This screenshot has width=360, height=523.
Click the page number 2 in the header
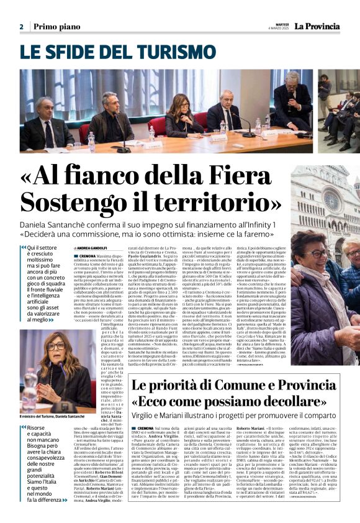click(x=21, y=26)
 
